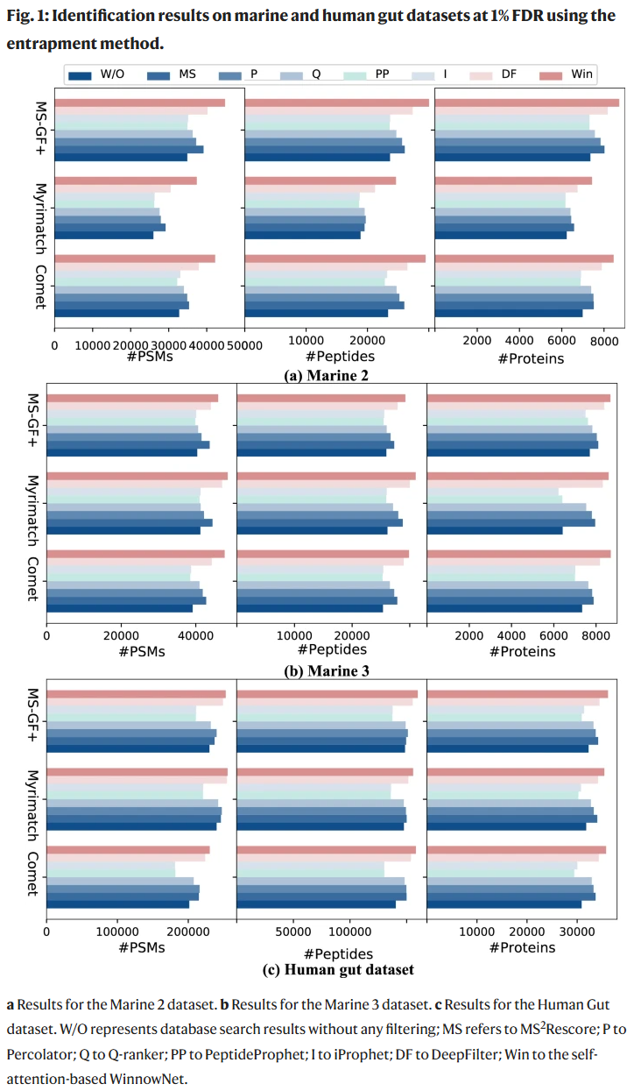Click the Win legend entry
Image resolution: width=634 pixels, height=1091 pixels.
(x=571, y=74)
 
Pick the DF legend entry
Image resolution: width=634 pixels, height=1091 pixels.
(x=506, y=74)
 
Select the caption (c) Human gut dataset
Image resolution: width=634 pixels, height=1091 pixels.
(x=338, y=969)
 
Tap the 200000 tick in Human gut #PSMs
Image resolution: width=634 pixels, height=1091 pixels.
(x=189, y=932)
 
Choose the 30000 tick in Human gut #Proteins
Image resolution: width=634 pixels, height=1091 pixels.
(x=575, y=932)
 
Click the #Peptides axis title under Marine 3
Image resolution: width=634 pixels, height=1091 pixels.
(x=332, y=649)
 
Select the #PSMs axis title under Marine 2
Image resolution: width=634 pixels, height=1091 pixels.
(x=150, y=358)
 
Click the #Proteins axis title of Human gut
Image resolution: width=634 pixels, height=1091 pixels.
(x=522, y=947)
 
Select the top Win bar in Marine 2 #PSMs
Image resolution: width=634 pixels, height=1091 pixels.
(x=139, y=103)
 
